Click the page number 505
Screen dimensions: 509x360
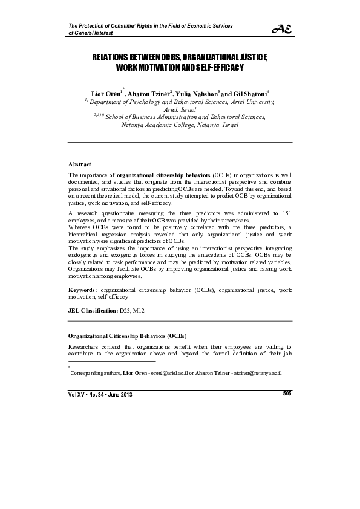coord(287,394)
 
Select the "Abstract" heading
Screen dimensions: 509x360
coord(79,164)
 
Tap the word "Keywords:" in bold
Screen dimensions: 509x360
coord(83,290)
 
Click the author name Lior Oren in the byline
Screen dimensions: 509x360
coord(107,94)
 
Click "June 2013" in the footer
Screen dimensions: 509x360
coord(120,395)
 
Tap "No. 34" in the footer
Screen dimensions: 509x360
coord(94,395)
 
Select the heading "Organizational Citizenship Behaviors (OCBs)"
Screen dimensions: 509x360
coord(126,336)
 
